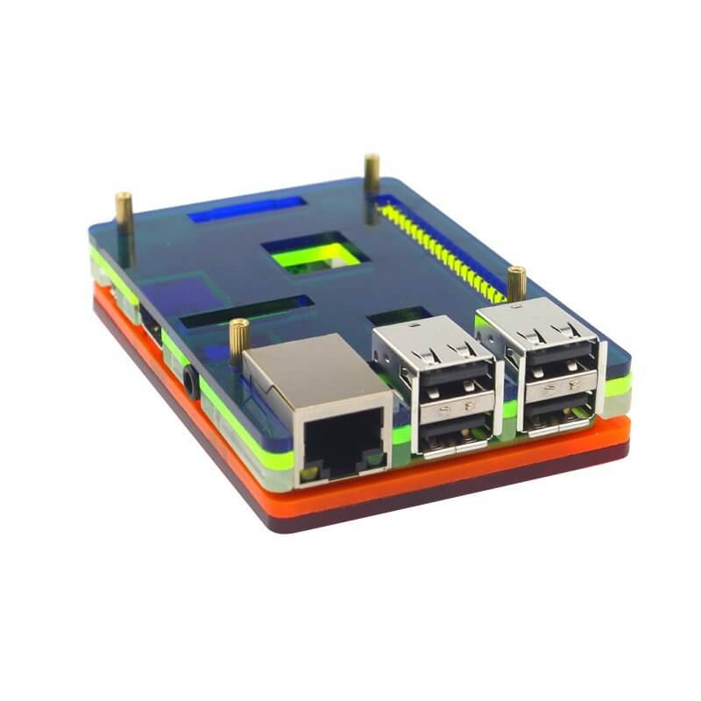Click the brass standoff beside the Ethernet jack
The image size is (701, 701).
[238, 336]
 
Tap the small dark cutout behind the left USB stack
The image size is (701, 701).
[399, 317]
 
